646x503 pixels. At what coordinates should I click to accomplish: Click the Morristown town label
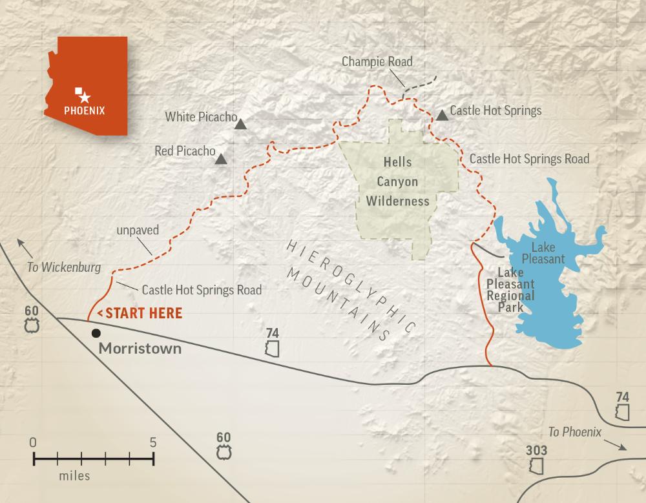pyautogui.click(x=140, y=348)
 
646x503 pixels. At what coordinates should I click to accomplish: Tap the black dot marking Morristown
pyautogui.click(x=96, y=333)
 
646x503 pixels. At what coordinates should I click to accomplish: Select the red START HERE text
pyautogui.click(x=140, y=314)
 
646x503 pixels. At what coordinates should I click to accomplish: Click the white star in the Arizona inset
pyautogui.click(x=85, y=97)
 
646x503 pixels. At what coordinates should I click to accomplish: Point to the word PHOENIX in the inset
pyautogui.click(x=84, y=110)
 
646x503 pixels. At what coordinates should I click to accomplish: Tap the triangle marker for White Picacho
pyautogui.click(x=240, y=123)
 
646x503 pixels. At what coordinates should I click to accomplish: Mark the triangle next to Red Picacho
pyautogui.click(x=221, y=159)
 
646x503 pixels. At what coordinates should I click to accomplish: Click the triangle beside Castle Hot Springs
pyautogui.click(x=441, y=116)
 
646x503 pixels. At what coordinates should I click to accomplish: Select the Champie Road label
pyautogui.click(x=377, y=62)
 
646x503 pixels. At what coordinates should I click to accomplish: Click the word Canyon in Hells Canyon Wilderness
pyautogui.click(x=397, y=181)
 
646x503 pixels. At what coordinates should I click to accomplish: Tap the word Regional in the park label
pyautogui.click(x=510, y=296)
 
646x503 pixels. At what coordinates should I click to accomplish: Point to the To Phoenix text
pyautogui.click(x=574, y=432)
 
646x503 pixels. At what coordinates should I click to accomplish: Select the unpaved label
pyautogui.click(x=138, y=230)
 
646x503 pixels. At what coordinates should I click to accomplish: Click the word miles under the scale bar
pyautogui.click(x=74, y=476)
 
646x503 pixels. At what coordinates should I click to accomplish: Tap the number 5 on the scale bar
pyautogui.click(x=153, y=442)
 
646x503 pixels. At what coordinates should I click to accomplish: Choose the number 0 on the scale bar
pyautogui.click(x=33, y=442)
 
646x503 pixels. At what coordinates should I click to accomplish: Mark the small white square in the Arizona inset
pyautogui.click(x=78, y=92)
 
